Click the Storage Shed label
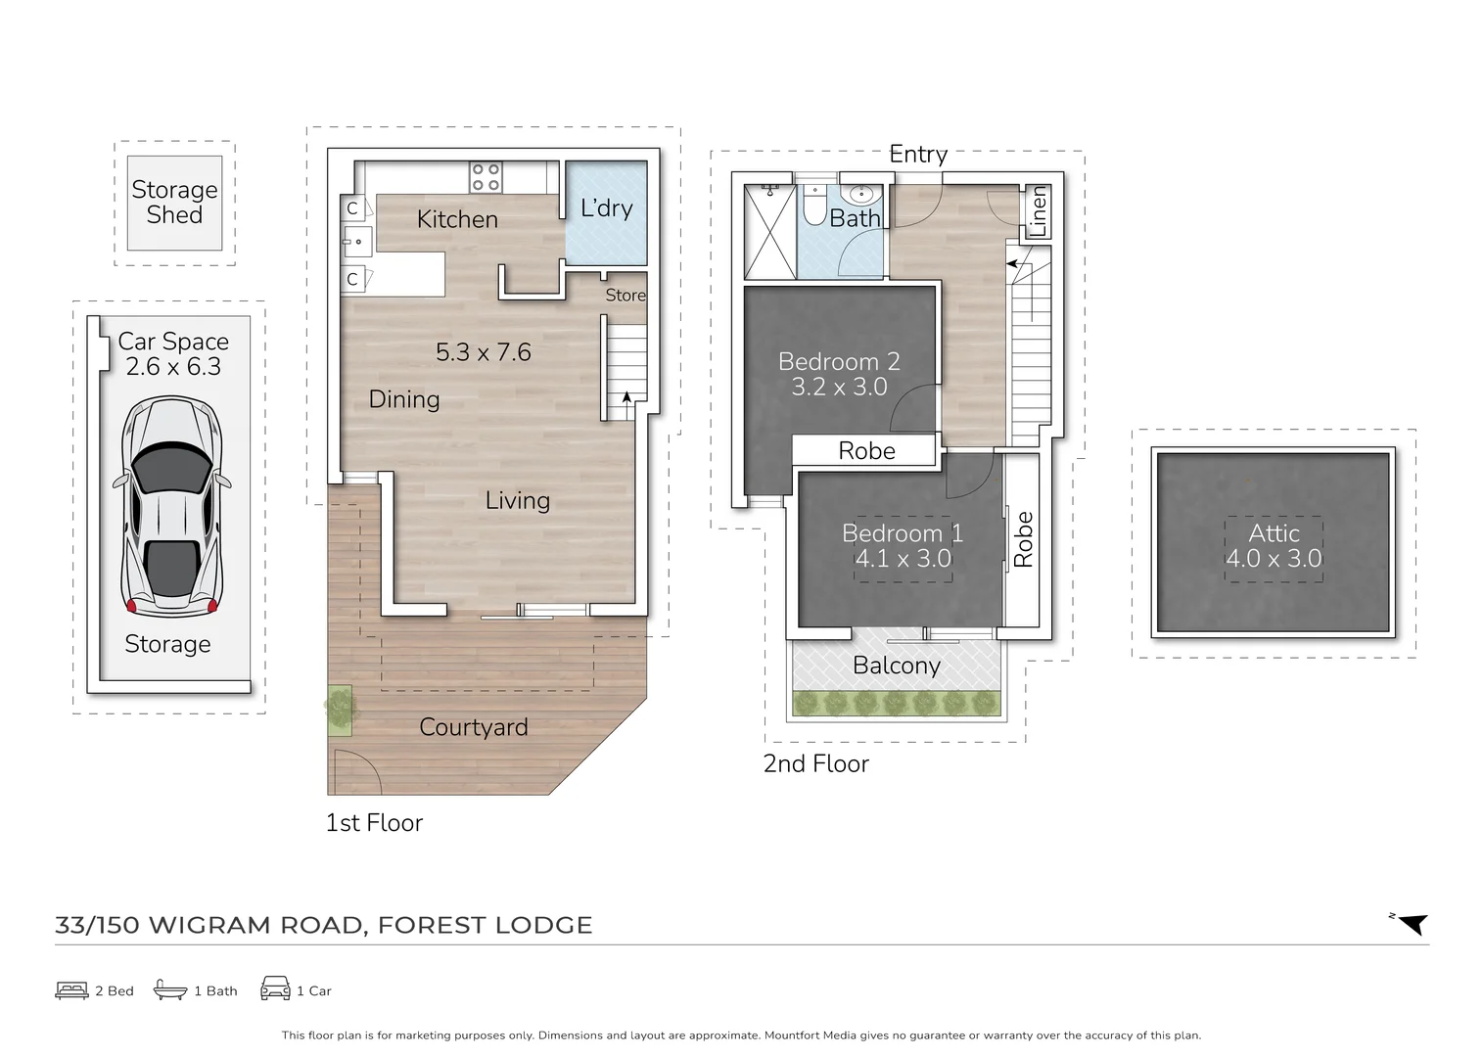(x=174, y=202)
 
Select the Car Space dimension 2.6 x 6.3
(x=173, y=367)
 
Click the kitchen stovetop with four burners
(x=486, y=177)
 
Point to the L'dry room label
(x=606, y=208)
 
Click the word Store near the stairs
(x=626, y=296)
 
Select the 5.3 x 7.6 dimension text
(x=483, y=352)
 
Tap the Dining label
(x=403, y=399)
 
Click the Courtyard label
(x=473, y=727)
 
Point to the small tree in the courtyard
(x=339, y=709)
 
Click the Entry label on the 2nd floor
(x=917, y=155)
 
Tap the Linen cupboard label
(x=1038, y=211)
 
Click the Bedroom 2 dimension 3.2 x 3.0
(x=839, y=387)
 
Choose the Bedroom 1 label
(x=902, y=533)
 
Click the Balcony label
(x=896, y=666)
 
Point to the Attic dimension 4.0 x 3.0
(x=1274, y=559)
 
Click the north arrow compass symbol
(x=1412, y=923)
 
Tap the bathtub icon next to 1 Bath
(x=170, y=989)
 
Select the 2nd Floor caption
(x=815, y=764)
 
